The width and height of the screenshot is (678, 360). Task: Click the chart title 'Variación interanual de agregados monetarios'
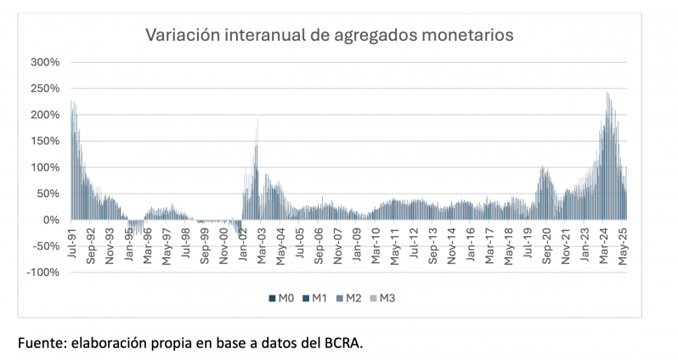click(330, 36)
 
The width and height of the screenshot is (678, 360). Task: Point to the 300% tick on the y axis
click(46, 62)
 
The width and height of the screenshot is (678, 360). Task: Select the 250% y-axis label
click(46, 88)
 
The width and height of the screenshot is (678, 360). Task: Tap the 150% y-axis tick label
click(46, 141)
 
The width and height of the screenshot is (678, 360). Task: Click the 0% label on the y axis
click(51, 220)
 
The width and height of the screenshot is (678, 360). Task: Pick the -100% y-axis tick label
click(43, 273)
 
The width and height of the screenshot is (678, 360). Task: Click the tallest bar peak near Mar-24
click(607, 93)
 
